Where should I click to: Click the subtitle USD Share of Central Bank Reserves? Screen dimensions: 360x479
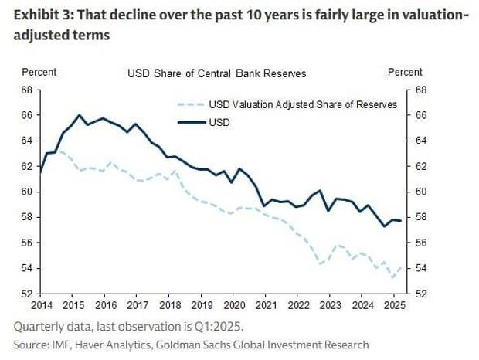[x=216, y=73]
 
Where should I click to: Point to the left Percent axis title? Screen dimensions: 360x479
[x=39, y=72]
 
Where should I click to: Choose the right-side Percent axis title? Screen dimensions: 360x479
[x=404, y=72]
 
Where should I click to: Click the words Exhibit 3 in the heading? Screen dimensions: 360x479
[x=41, y=15]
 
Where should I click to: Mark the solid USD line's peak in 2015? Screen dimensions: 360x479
[x=80, y=115]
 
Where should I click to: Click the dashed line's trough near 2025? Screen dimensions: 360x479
[x=392, y=277]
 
